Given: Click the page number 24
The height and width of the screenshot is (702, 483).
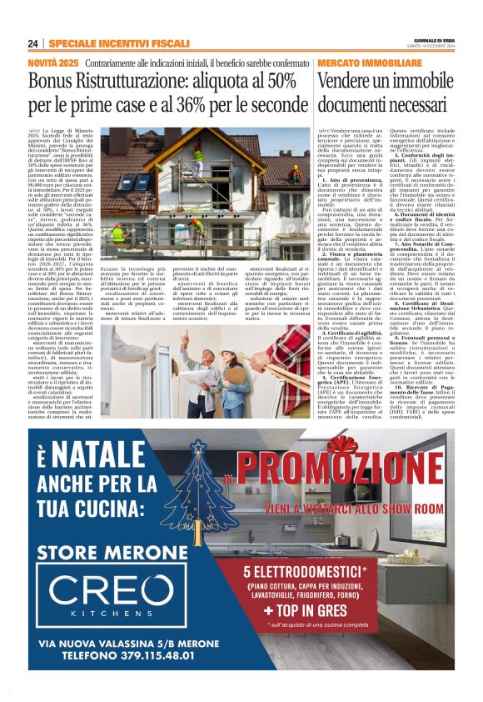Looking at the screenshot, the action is (x=33, y=43).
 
